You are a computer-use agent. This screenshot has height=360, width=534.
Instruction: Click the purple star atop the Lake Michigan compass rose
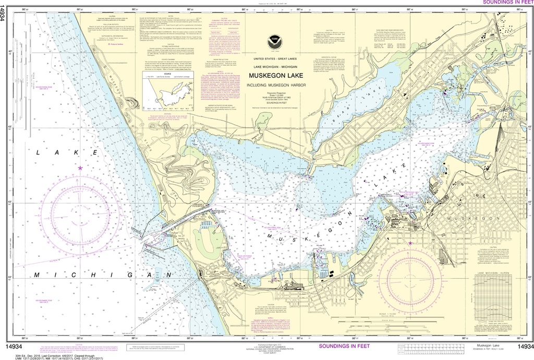[x=80, y=168]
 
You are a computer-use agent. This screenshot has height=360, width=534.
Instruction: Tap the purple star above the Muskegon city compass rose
[x=410, y=243]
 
